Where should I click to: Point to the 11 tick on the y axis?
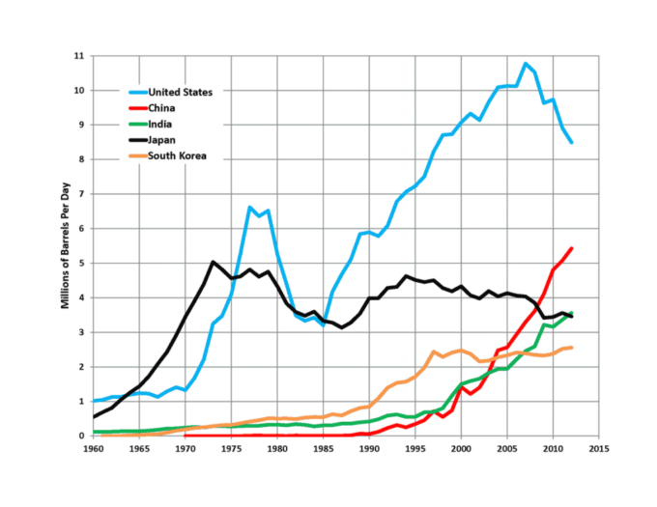pos(79,56)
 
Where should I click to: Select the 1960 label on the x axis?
pos(94,449)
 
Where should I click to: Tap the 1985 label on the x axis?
pos(323,449)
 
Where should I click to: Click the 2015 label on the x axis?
pos(598,449)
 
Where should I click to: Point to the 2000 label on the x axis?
pos(461,449)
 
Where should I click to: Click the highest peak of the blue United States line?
pos(525,64)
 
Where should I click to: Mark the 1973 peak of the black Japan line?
pos(213,262)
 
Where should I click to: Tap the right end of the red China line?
pos(572,248)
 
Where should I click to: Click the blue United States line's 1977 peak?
pos(249,207)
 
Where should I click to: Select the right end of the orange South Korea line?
pos(572,348)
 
